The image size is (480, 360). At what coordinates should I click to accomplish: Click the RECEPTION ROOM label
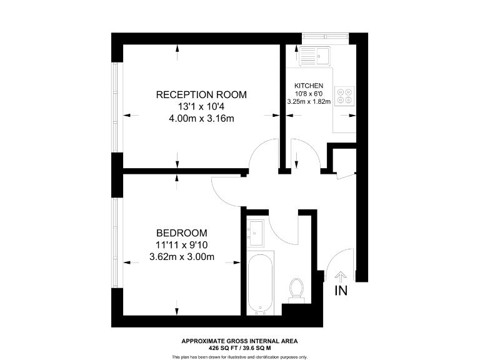coord(201,95)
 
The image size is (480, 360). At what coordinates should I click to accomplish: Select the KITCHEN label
coord(309,86)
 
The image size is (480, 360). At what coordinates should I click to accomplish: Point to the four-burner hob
coord(344,95)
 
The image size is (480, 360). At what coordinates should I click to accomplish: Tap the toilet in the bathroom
coord(297,291)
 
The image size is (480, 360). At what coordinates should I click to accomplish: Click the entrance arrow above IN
coord(341,276)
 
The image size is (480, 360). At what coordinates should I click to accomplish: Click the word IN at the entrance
coord(341,291)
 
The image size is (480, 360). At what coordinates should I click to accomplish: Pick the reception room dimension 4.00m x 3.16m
coord(201,119)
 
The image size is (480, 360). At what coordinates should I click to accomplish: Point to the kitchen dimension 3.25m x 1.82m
coord(309,101)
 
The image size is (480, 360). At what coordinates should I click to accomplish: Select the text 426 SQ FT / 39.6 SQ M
coord(240,347)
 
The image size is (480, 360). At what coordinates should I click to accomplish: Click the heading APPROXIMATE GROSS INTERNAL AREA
coord(240,341)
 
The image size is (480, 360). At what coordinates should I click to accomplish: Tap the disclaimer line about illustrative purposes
coord(240,357)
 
